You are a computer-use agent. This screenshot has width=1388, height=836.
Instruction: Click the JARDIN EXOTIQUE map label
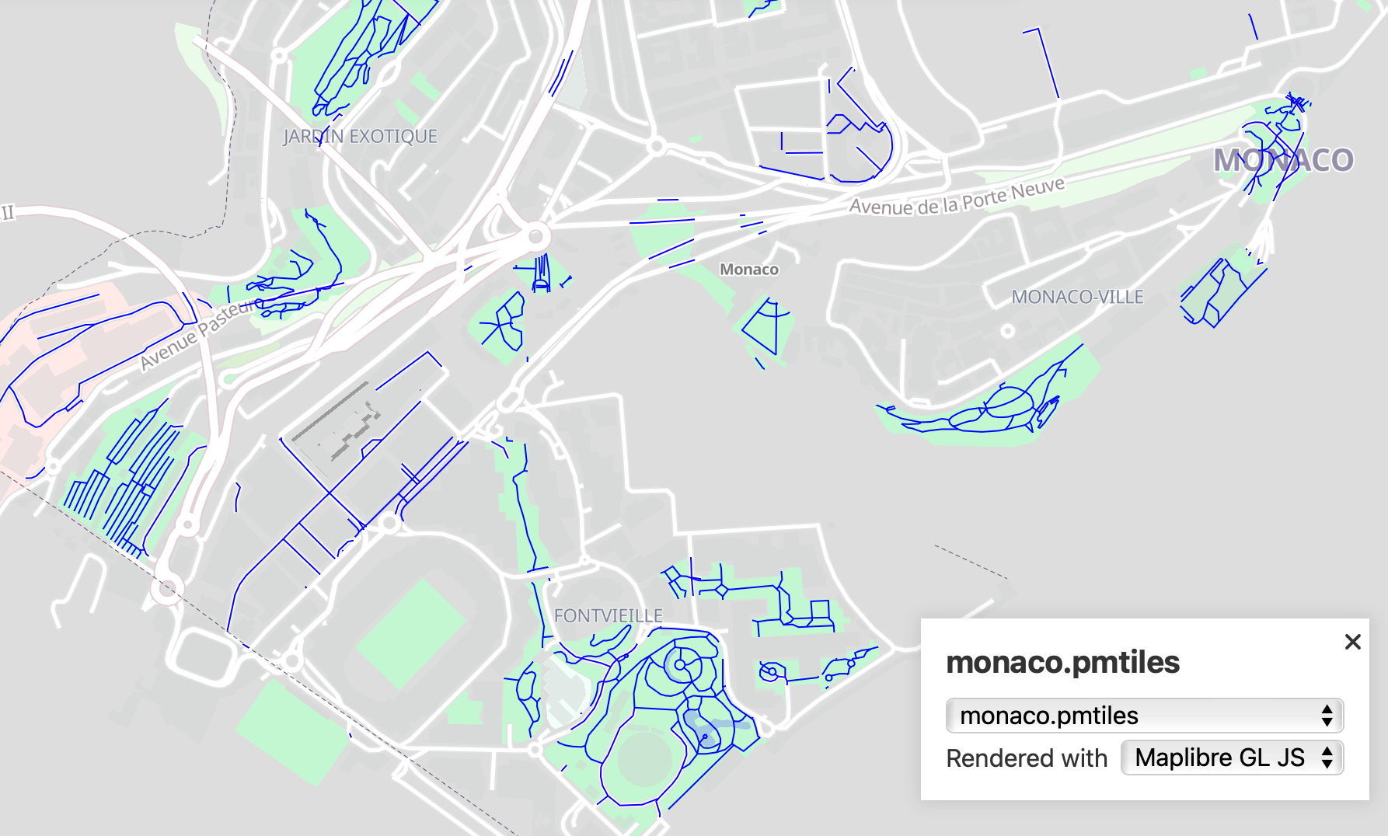coord(360,137)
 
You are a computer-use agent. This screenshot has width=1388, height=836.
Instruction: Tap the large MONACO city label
coord(1283,160)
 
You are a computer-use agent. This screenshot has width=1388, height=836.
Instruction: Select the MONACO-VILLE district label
coord(1077,297)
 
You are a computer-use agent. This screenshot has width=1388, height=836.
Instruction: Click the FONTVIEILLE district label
coord(608,615)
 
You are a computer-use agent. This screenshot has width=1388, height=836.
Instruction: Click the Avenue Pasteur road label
coord(201,334)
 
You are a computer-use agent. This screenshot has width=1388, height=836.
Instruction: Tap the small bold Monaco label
coord(748,270)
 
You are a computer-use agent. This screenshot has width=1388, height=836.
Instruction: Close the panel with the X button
coord(1352,642)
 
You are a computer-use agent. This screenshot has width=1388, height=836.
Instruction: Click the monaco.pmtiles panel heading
coord(1062,663)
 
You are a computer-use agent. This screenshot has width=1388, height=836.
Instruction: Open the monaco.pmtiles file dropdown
coord(1144,716)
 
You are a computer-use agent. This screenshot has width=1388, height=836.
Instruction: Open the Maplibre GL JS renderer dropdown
coord(1232,758)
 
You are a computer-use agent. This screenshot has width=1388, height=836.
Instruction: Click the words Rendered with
coord(1026,758)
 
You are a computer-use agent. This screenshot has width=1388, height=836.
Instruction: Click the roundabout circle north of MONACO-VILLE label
coord(1007,331)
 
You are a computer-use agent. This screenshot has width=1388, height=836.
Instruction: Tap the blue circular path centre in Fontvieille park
coord(679,665)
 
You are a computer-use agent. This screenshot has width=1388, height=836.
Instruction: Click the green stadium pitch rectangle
coord(411,633)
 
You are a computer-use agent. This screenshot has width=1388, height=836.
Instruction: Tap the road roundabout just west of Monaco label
coord(536,235)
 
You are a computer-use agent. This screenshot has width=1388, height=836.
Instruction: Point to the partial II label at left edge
coord(8,212)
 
